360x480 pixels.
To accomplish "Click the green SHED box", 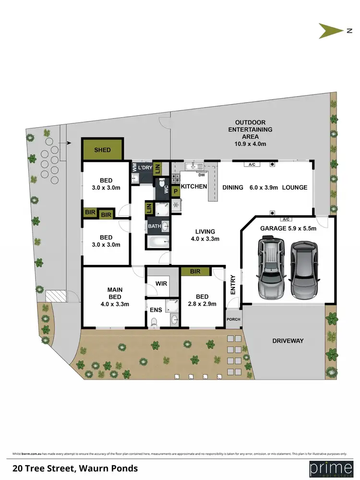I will click(102, 149).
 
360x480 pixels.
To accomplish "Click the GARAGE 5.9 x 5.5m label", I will click(288, 228).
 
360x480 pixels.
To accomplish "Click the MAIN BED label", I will click(115, 296).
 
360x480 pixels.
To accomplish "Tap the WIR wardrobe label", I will click(161, 283).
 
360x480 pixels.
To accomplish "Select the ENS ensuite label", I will click(156, 309).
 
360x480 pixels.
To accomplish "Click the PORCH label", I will click(234, 319).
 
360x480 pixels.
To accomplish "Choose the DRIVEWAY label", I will click(288, 340).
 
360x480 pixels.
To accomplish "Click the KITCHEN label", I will click(194, 187).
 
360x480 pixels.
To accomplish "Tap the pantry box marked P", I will click(176, 191).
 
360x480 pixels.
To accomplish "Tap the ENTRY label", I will click(233, 285).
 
